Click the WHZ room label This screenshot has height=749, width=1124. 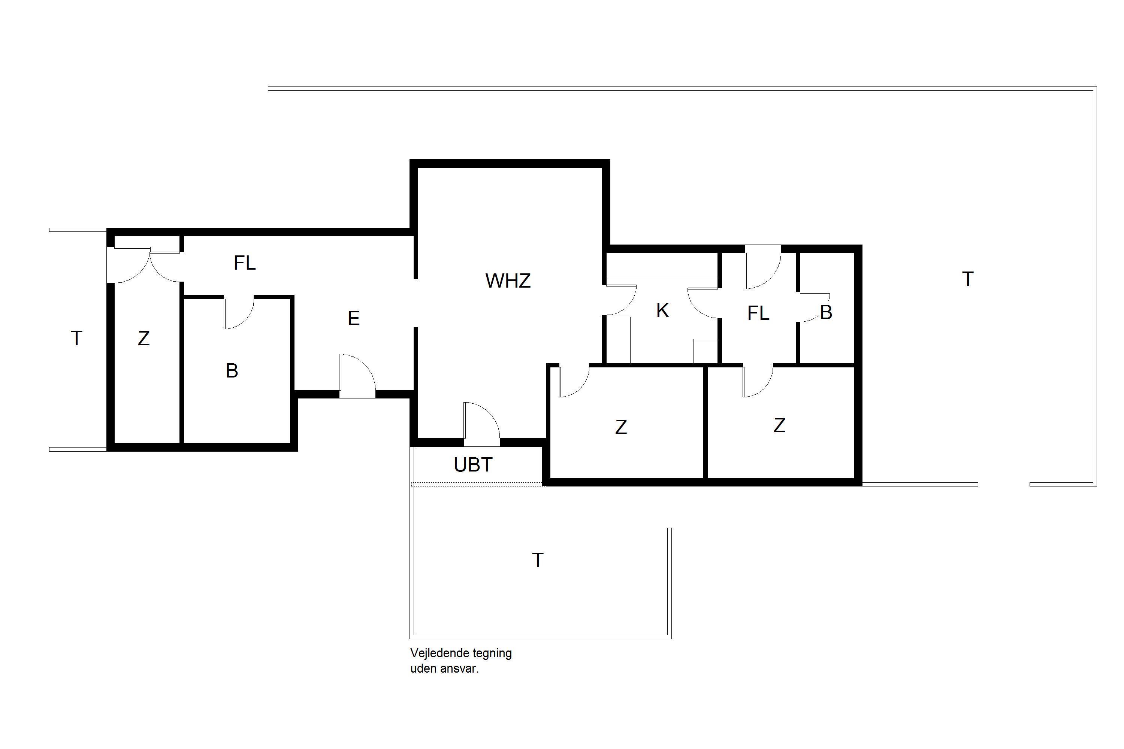tap(508, 281)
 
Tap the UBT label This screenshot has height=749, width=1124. tap(473, 465)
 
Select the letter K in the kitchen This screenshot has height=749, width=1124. tap(662, 310)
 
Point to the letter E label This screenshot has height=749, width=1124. tap(354, 318)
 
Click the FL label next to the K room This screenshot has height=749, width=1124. tap(758, 313)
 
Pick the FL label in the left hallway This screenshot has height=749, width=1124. tap(245, 263)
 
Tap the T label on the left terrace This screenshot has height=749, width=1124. tap(76, 338)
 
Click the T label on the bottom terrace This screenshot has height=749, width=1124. tap(538, 560)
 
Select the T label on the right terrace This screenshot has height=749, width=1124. tap(968, 279)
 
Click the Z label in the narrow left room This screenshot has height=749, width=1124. tap(144, 339)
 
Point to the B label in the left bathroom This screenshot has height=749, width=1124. tap(232, 371)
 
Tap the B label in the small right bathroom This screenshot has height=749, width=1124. tap(826, 312)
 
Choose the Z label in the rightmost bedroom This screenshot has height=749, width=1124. tap(779, 425)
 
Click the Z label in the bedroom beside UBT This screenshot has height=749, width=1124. tap(621, 427)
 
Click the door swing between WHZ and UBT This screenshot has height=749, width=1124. tap(492, 416)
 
